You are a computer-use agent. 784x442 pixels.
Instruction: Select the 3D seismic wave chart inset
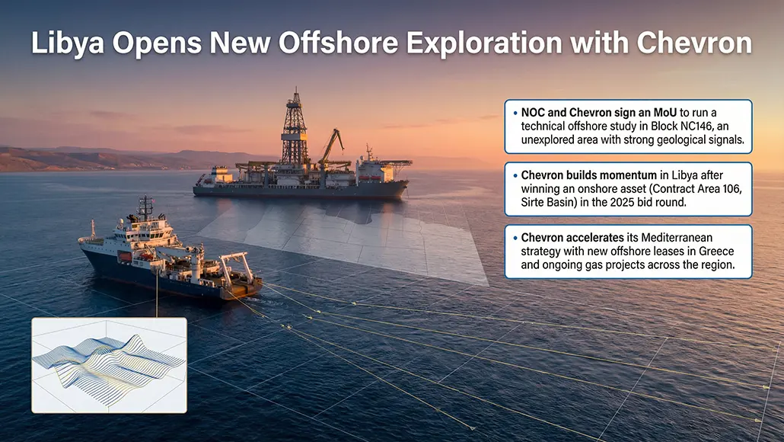tap(109, 365)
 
